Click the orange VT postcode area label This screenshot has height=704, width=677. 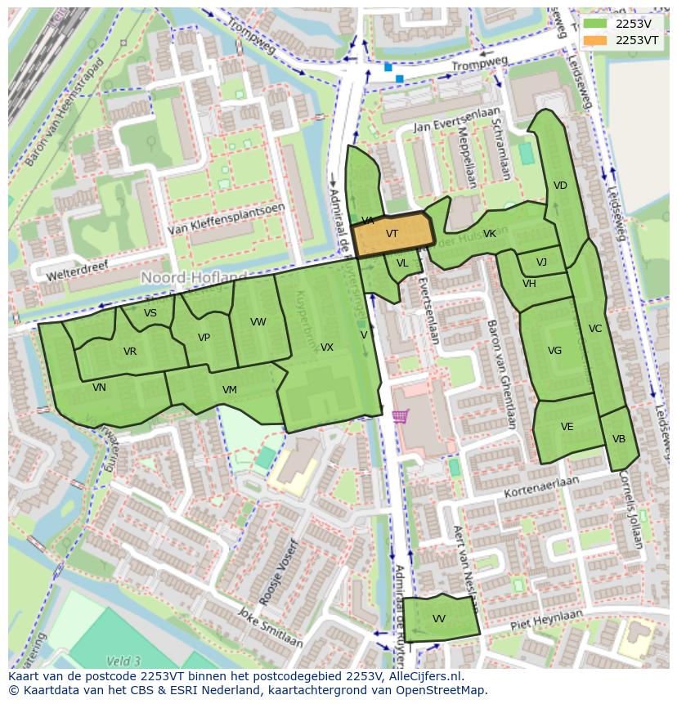click(x=392, y=234)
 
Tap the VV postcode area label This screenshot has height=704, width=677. click(x=439, y=619)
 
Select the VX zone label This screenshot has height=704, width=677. click(x=327, y=348)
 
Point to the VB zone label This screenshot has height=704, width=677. click(x=619, y=439)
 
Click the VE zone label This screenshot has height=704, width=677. click(x=567, y=427)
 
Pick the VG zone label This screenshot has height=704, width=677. click(x=554, y=351)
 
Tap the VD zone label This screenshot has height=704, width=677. click(x=560, y=186)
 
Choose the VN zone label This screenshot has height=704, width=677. click(x=99, y=388)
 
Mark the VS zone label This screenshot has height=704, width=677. click(x=150, y=313)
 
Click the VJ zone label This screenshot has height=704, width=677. click(x=541, y=262)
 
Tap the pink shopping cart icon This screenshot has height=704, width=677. click(x=400, y=416)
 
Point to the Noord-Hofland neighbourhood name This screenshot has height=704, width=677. click(x=194, y=278)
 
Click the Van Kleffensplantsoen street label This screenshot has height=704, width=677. click(x=226, y=220)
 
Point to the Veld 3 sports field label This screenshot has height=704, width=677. click(x=123, y=661)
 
